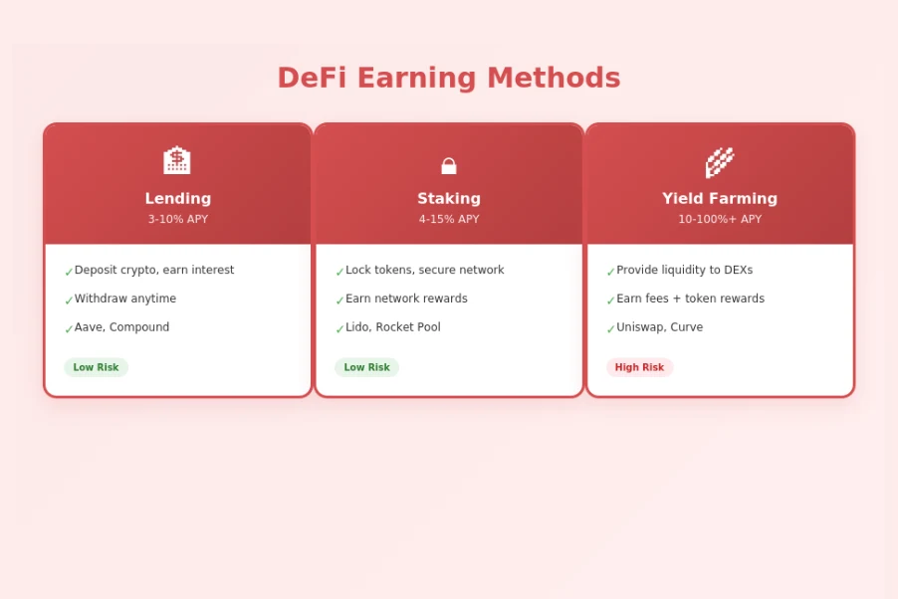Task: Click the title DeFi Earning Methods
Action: [x=448, y=78]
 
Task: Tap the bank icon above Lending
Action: [x=177, y=161]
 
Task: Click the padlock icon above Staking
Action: [x=449, y=165]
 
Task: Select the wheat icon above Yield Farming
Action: [x=720, y=161]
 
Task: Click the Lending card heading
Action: [x=178, y=198]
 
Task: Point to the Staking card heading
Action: [x=449, y=198]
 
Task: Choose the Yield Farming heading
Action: [x=720, y=198]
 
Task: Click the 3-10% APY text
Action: [x=178, y=219]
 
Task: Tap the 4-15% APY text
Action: [x=449, y=219]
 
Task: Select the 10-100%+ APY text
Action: [x=720, y=219]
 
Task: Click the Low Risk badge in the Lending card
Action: [x=96, y=367]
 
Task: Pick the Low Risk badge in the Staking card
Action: [x=366, y=367]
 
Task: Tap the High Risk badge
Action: [x=639, y=367]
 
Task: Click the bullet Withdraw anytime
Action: [x=125, y=299]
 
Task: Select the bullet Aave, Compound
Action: [x=121, y=327]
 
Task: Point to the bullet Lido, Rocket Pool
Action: [x=392, y=327]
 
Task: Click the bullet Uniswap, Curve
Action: [x=659, y=327]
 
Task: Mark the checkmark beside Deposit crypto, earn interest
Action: [x=69, y=272]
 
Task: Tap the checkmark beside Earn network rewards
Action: [x=339, y=300]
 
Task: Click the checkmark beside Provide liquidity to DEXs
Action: [x=610, y=272]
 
